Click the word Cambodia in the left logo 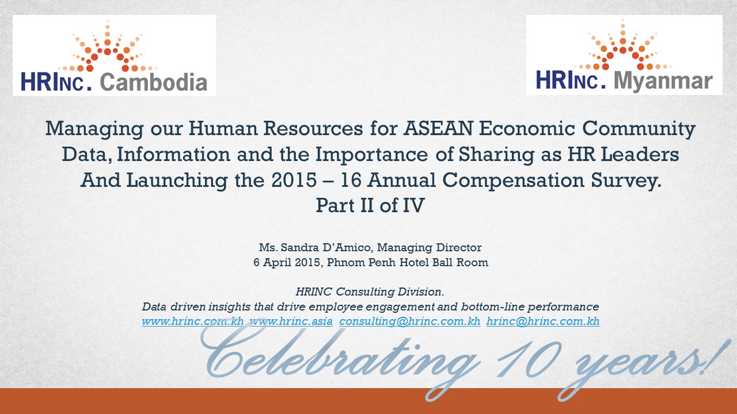click(x=153, y=82)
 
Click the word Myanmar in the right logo click(x=663, y=81)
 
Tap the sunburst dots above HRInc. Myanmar click(x=623, y=45)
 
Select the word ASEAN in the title click(x=438, y=128)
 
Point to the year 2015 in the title click(x=294, y=180)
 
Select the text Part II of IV click(x=370, y=205)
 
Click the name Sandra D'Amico click(x=326, y=247)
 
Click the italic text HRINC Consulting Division click(x=370, y=292)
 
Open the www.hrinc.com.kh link click(x=192, y=321)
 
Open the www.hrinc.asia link click(x=291, y=321)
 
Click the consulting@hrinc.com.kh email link click(x=409, y=321)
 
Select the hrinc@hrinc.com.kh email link click(x=543, y=321)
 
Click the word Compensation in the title click(x=513, y=181)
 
